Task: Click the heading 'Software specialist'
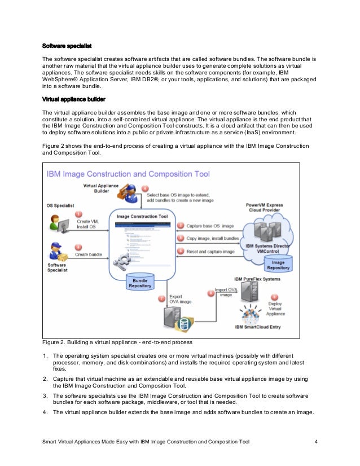tap(67, 45)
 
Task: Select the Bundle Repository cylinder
tap(141, 282)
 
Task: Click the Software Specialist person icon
tap(58, 252)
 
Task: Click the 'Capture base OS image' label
tap(210, 226)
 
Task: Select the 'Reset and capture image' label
tap(212, 252)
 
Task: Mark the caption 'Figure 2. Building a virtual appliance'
tap(117, 342)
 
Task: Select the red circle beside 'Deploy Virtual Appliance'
tap(275, 297)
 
